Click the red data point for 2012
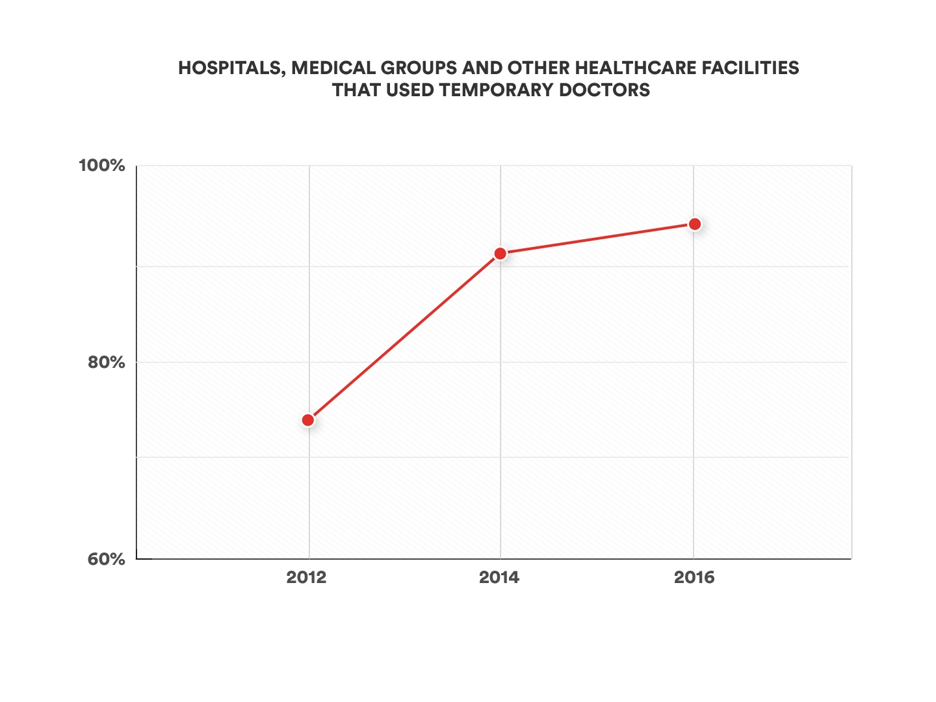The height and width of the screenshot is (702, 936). point(308,420)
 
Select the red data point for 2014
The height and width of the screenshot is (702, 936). point(500,253)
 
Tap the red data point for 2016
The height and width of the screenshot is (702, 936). point(694,224)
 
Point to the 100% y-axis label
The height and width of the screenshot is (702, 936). point(101,165)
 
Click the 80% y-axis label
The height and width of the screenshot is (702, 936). point(106,362)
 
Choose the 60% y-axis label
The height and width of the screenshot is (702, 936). point(106,559)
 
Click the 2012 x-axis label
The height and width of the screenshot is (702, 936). point(306,577)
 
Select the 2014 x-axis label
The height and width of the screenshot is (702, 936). point(499,577)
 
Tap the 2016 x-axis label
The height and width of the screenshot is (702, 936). point(694,577)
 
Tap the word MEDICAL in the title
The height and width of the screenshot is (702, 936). point(331,68)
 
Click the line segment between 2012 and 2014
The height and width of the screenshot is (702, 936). point(404,337)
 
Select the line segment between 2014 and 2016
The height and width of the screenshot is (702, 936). point(597,239)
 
